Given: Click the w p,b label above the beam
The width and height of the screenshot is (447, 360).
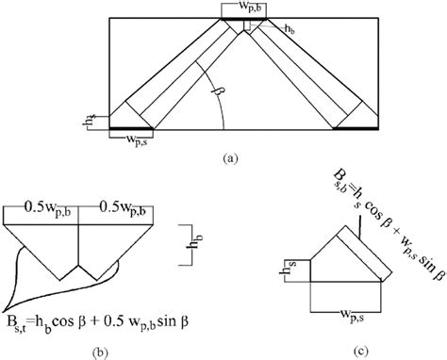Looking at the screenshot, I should (x=244, y=9).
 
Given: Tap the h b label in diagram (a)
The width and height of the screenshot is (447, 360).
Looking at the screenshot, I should (x=288, y=29).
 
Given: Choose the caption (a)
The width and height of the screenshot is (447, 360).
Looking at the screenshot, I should (x=230, y=158).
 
